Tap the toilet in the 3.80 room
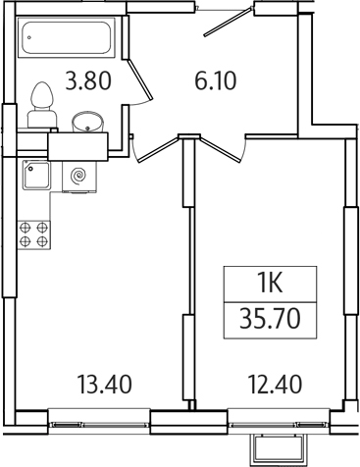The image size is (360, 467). [42, 105]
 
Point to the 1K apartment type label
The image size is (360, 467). [271, 285]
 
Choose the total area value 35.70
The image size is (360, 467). [271, 320]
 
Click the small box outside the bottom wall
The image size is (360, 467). [274, 449]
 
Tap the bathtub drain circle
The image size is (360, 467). [30, 39]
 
